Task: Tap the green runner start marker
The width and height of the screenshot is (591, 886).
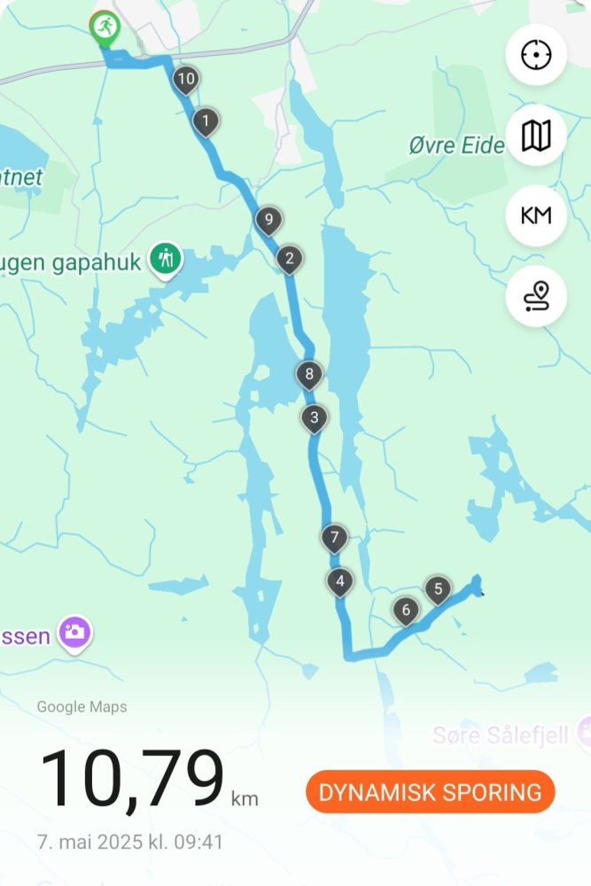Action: [105, 27]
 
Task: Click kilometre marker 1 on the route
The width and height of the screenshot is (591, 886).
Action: [206, 120]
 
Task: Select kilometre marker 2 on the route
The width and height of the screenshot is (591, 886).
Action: [289, 259]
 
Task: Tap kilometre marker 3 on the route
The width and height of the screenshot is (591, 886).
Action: [314, 416]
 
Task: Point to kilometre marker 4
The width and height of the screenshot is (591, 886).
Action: [339, 581]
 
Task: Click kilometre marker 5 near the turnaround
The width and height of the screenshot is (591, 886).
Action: [437, 588]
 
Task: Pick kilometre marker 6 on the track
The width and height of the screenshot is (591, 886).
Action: [406, 609]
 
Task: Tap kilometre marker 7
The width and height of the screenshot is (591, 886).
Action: [334, 537]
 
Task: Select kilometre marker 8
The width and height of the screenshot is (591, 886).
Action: [309, 374]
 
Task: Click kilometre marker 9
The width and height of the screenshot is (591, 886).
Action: [268, 219]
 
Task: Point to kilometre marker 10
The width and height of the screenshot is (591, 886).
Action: [185, 79]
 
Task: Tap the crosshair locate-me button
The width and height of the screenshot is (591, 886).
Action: [536, 55]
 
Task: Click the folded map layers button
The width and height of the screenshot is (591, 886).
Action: [536, 136]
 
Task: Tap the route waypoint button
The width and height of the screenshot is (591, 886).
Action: [536, 296]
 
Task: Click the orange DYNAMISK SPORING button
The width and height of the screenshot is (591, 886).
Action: [430, 792]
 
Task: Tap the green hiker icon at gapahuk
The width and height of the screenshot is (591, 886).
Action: [166, 260]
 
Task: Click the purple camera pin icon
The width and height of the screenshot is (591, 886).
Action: [75, 633]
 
